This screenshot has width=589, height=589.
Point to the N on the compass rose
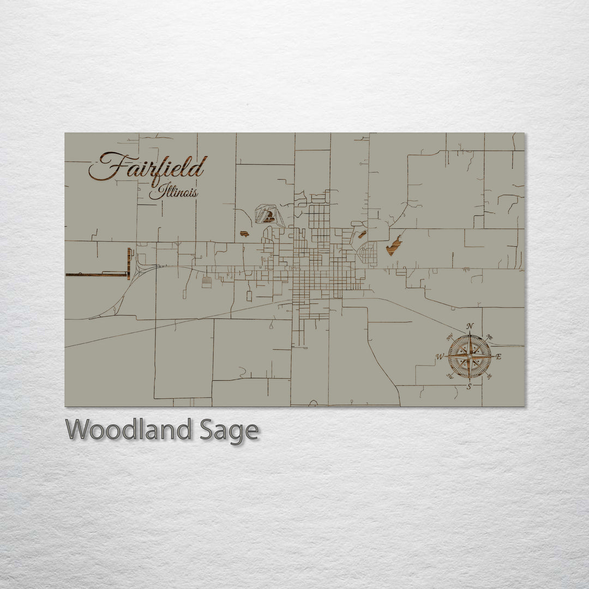(470, 327)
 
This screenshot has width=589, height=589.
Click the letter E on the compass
(498, 357)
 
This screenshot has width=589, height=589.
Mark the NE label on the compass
(489, 337)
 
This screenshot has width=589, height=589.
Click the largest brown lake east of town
(394, 246)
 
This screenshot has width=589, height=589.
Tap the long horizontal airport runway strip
(96, 274)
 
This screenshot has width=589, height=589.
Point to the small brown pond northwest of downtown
(244, 234)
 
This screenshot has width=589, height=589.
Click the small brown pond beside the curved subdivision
(362, 235)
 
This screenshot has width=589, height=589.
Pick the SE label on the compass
(489, 376)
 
